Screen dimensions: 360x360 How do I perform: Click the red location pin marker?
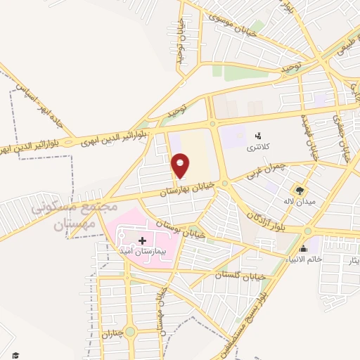[x=181, y=165]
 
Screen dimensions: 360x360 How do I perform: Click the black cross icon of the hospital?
[x=142, y=240]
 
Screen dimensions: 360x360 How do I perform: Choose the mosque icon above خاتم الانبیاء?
[x=303, y=248]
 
